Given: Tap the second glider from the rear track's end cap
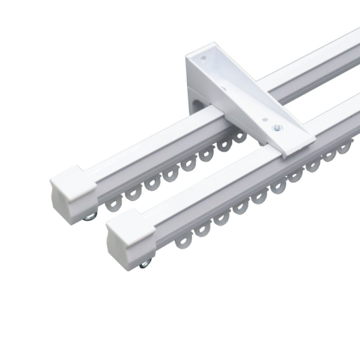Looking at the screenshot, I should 132,194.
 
